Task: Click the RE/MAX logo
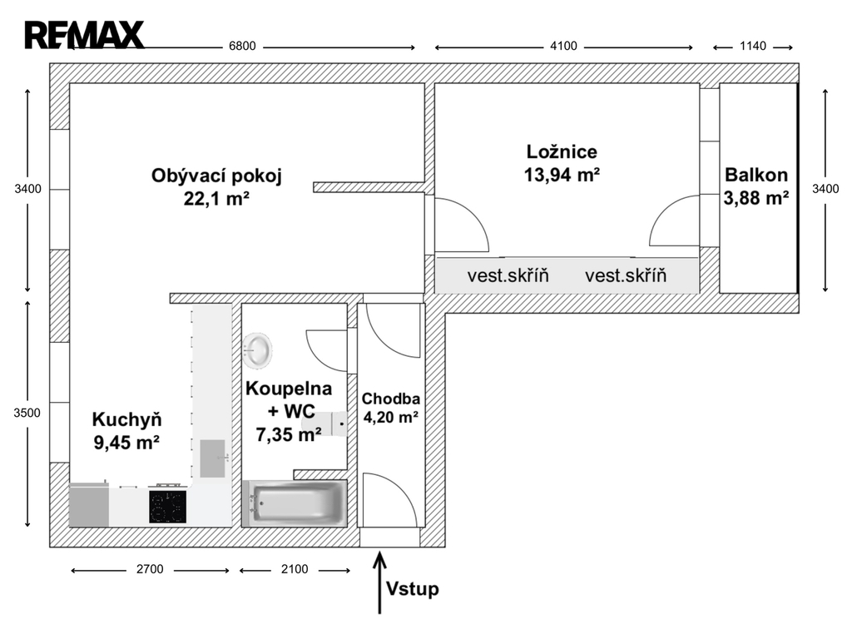point(84,35)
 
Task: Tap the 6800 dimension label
point(242,47)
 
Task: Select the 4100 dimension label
point(563,47)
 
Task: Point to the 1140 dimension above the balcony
point(752,47)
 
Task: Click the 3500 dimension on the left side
point(27,413)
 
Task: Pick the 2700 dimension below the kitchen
point(150,569)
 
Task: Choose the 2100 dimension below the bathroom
point(295,569)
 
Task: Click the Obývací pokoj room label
point(216,176)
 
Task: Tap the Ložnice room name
point(562,151)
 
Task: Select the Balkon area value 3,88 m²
point(755,198)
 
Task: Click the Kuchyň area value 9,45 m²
point(126,443)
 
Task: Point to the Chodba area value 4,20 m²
point(391,418)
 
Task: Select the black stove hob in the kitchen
point(168,507)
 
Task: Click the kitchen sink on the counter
point(212,458)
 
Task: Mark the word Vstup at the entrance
point(413,589)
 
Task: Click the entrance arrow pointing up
point(379,583)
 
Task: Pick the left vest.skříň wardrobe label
point(508,275)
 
